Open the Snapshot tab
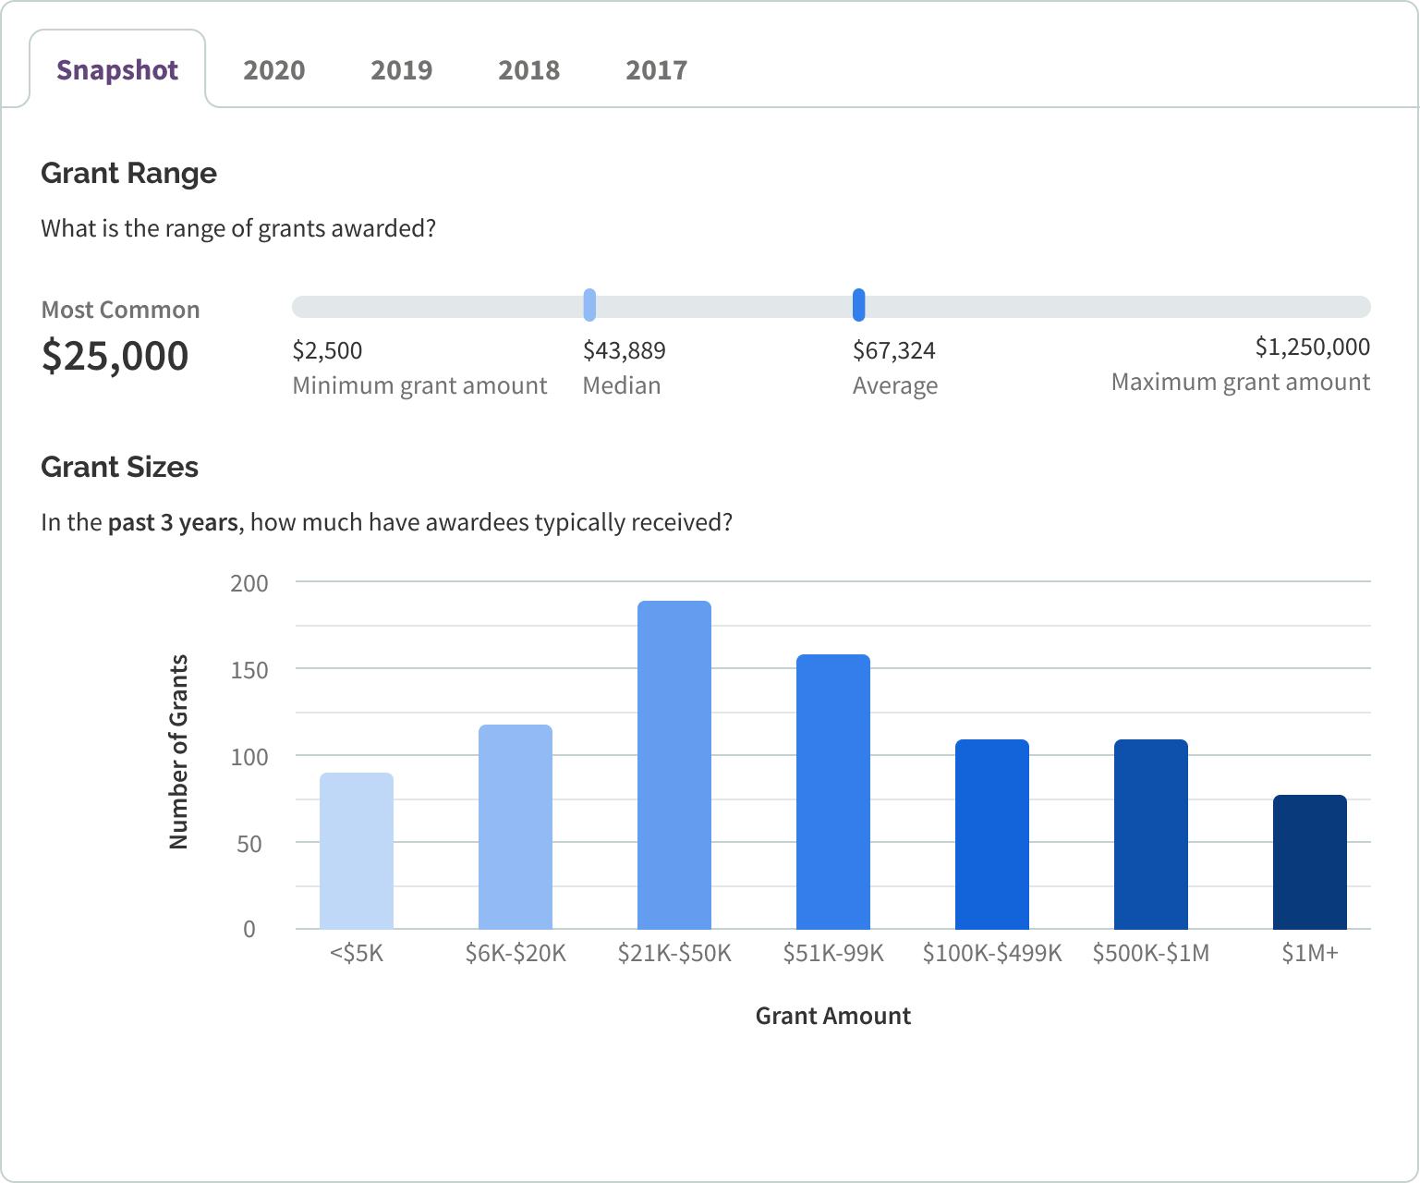pos(117,70)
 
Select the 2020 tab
pos(273,70)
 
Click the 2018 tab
pos(528,70)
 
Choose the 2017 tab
pos(656,70)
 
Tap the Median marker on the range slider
pos(589,305)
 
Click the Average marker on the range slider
pos(858,305)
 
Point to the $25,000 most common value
pos(115,356)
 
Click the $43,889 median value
pos(624,350)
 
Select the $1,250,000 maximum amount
pos(1312,347)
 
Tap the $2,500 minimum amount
pos(327,350)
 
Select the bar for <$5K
pos(357,851)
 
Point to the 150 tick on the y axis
pos(249,670)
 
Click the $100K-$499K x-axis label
pos(992,953)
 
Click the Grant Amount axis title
pos(832,1016)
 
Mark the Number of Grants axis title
pos(178,751)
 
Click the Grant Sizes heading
pos(120,467)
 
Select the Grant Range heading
pos(128,173)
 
